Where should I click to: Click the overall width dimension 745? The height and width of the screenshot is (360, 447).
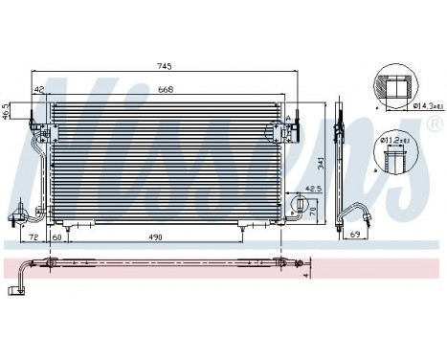pos(167,66)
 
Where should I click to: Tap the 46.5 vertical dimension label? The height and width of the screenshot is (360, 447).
pos(7,112)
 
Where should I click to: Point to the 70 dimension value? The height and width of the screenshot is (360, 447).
pos(313,205)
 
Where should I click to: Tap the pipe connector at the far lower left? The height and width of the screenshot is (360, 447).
pos(15,287)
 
